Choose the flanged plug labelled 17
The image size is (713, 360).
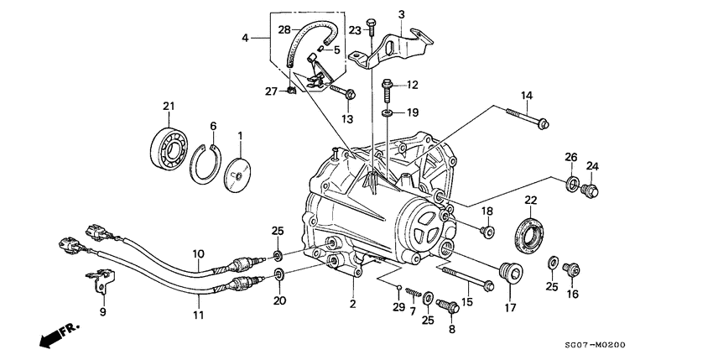coord(509,274)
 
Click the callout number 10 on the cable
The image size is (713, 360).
coord(198,253)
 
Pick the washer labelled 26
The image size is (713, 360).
coord(571,184)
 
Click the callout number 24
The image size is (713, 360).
coord(592,165)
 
